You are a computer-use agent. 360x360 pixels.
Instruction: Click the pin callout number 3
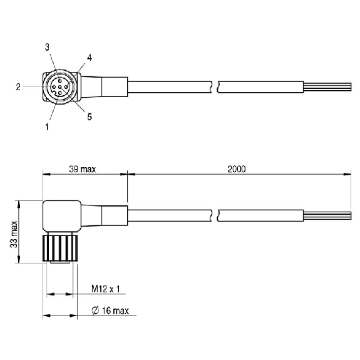coord(47,47)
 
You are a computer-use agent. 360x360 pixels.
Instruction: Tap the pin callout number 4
coord(90,58)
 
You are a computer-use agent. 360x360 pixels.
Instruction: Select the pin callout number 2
coord(18,87)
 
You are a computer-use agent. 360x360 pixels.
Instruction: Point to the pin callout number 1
coord(47,126)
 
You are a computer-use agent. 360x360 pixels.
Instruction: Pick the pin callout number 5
coord(90,117)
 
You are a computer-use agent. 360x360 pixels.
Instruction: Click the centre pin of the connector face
coord(59,87)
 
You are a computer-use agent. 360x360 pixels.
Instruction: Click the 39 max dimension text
coord(83,169)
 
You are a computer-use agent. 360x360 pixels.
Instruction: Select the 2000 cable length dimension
coord(237,169)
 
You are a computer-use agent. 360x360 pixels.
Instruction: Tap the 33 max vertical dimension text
coord(14,234)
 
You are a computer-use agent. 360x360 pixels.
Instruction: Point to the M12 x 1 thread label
coord(106,289)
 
